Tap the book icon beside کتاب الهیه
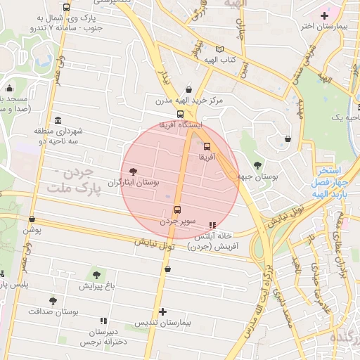click(220, 49)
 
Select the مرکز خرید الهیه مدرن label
click(189, 101)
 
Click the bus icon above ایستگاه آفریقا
click(181, 114)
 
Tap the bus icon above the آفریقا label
click(207, 147)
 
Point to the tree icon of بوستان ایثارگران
click(134, 171)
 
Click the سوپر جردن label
click(177, 221)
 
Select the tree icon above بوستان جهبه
click(258, 165)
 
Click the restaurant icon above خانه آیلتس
click(213, 225)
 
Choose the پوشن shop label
click(33, 230)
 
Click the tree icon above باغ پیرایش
click(96, 275)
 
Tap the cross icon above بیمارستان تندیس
click(163, 311)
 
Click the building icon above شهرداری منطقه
click(57, 120)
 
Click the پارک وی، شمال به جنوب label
click(49, 22)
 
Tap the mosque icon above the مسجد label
click(10, 89)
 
